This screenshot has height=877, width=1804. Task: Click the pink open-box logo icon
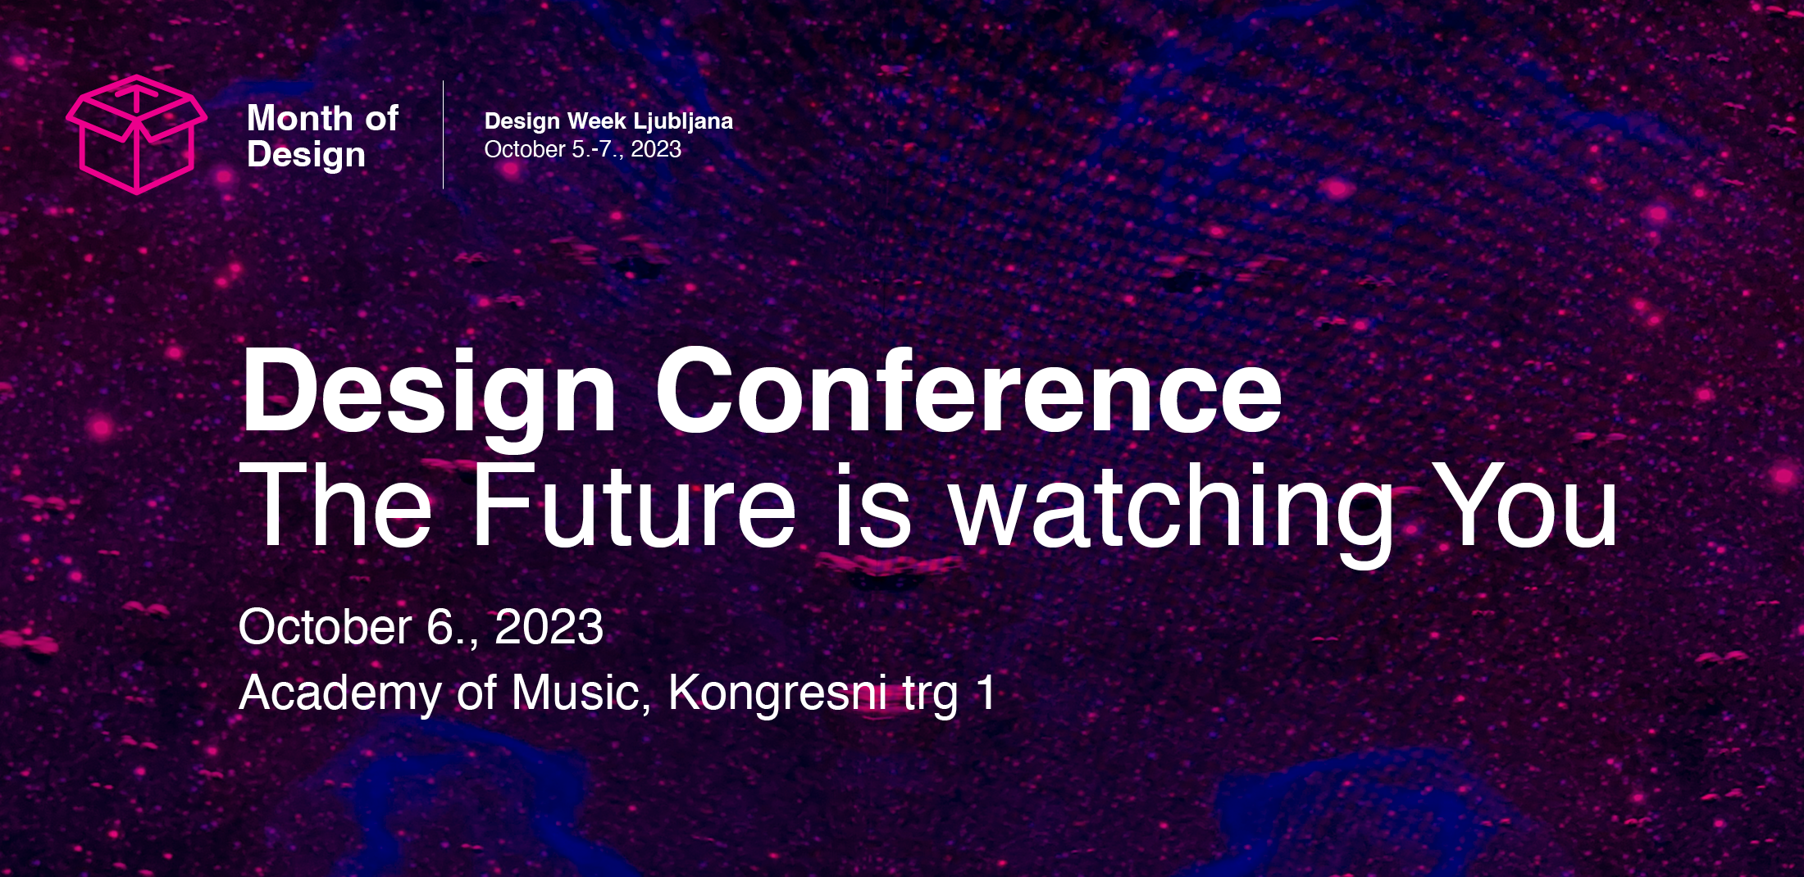click(136, 135)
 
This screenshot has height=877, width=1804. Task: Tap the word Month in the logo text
click(300, 118)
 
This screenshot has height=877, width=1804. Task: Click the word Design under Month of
click(306, 156)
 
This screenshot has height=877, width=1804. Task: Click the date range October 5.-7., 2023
click(583, 149)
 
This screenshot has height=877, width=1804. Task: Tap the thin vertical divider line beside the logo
click(444, 134)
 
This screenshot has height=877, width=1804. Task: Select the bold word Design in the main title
click(428, 398)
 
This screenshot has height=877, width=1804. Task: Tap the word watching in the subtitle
click(1171, 512)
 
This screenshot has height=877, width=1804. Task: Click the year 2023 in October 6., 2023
click(549, 628)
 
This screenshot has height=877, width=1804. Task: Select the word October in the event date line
click(325, 628)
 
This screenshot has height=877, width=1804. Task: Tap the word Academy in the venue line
click(340, 695)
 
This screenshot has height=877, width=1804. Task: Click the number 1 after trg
click(986, 692)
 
